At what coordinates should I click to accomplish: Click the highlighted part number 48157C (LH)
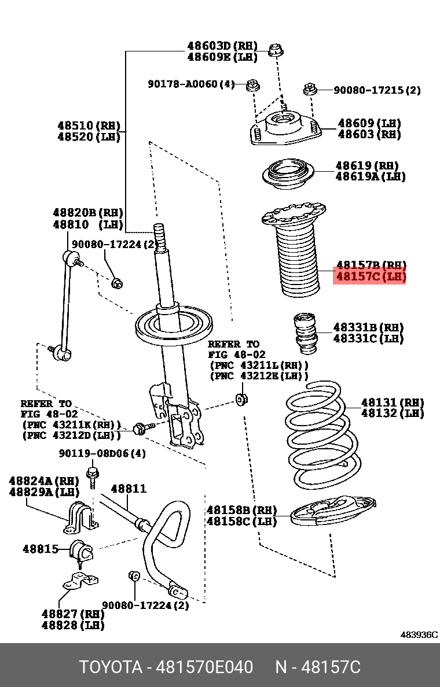point(371,277)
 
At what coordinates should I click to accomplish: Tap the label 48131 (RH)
point(393,402)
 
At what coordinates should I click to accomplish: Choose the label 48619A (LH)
point(371,176)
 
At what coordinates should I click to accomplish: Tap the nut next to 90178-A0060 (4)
point(252,86)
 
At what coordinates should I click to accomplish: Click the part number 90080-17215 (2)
point(377,90)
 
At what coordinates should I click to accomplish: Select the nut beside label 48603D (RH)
point(276,50)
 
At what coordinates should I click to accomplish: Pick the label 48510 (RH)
point(89,125)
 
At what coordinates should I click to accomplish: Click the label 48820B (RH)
point(88,213)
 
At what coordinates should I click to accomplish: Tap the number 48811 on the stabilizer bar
point(129,489)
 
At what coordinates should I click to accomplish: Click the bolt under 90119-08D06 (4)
point(91,476)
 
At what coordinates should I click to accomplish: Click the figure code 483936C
point(419,634)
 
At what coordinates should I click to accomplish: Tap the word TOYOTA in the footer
point(111,667)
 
